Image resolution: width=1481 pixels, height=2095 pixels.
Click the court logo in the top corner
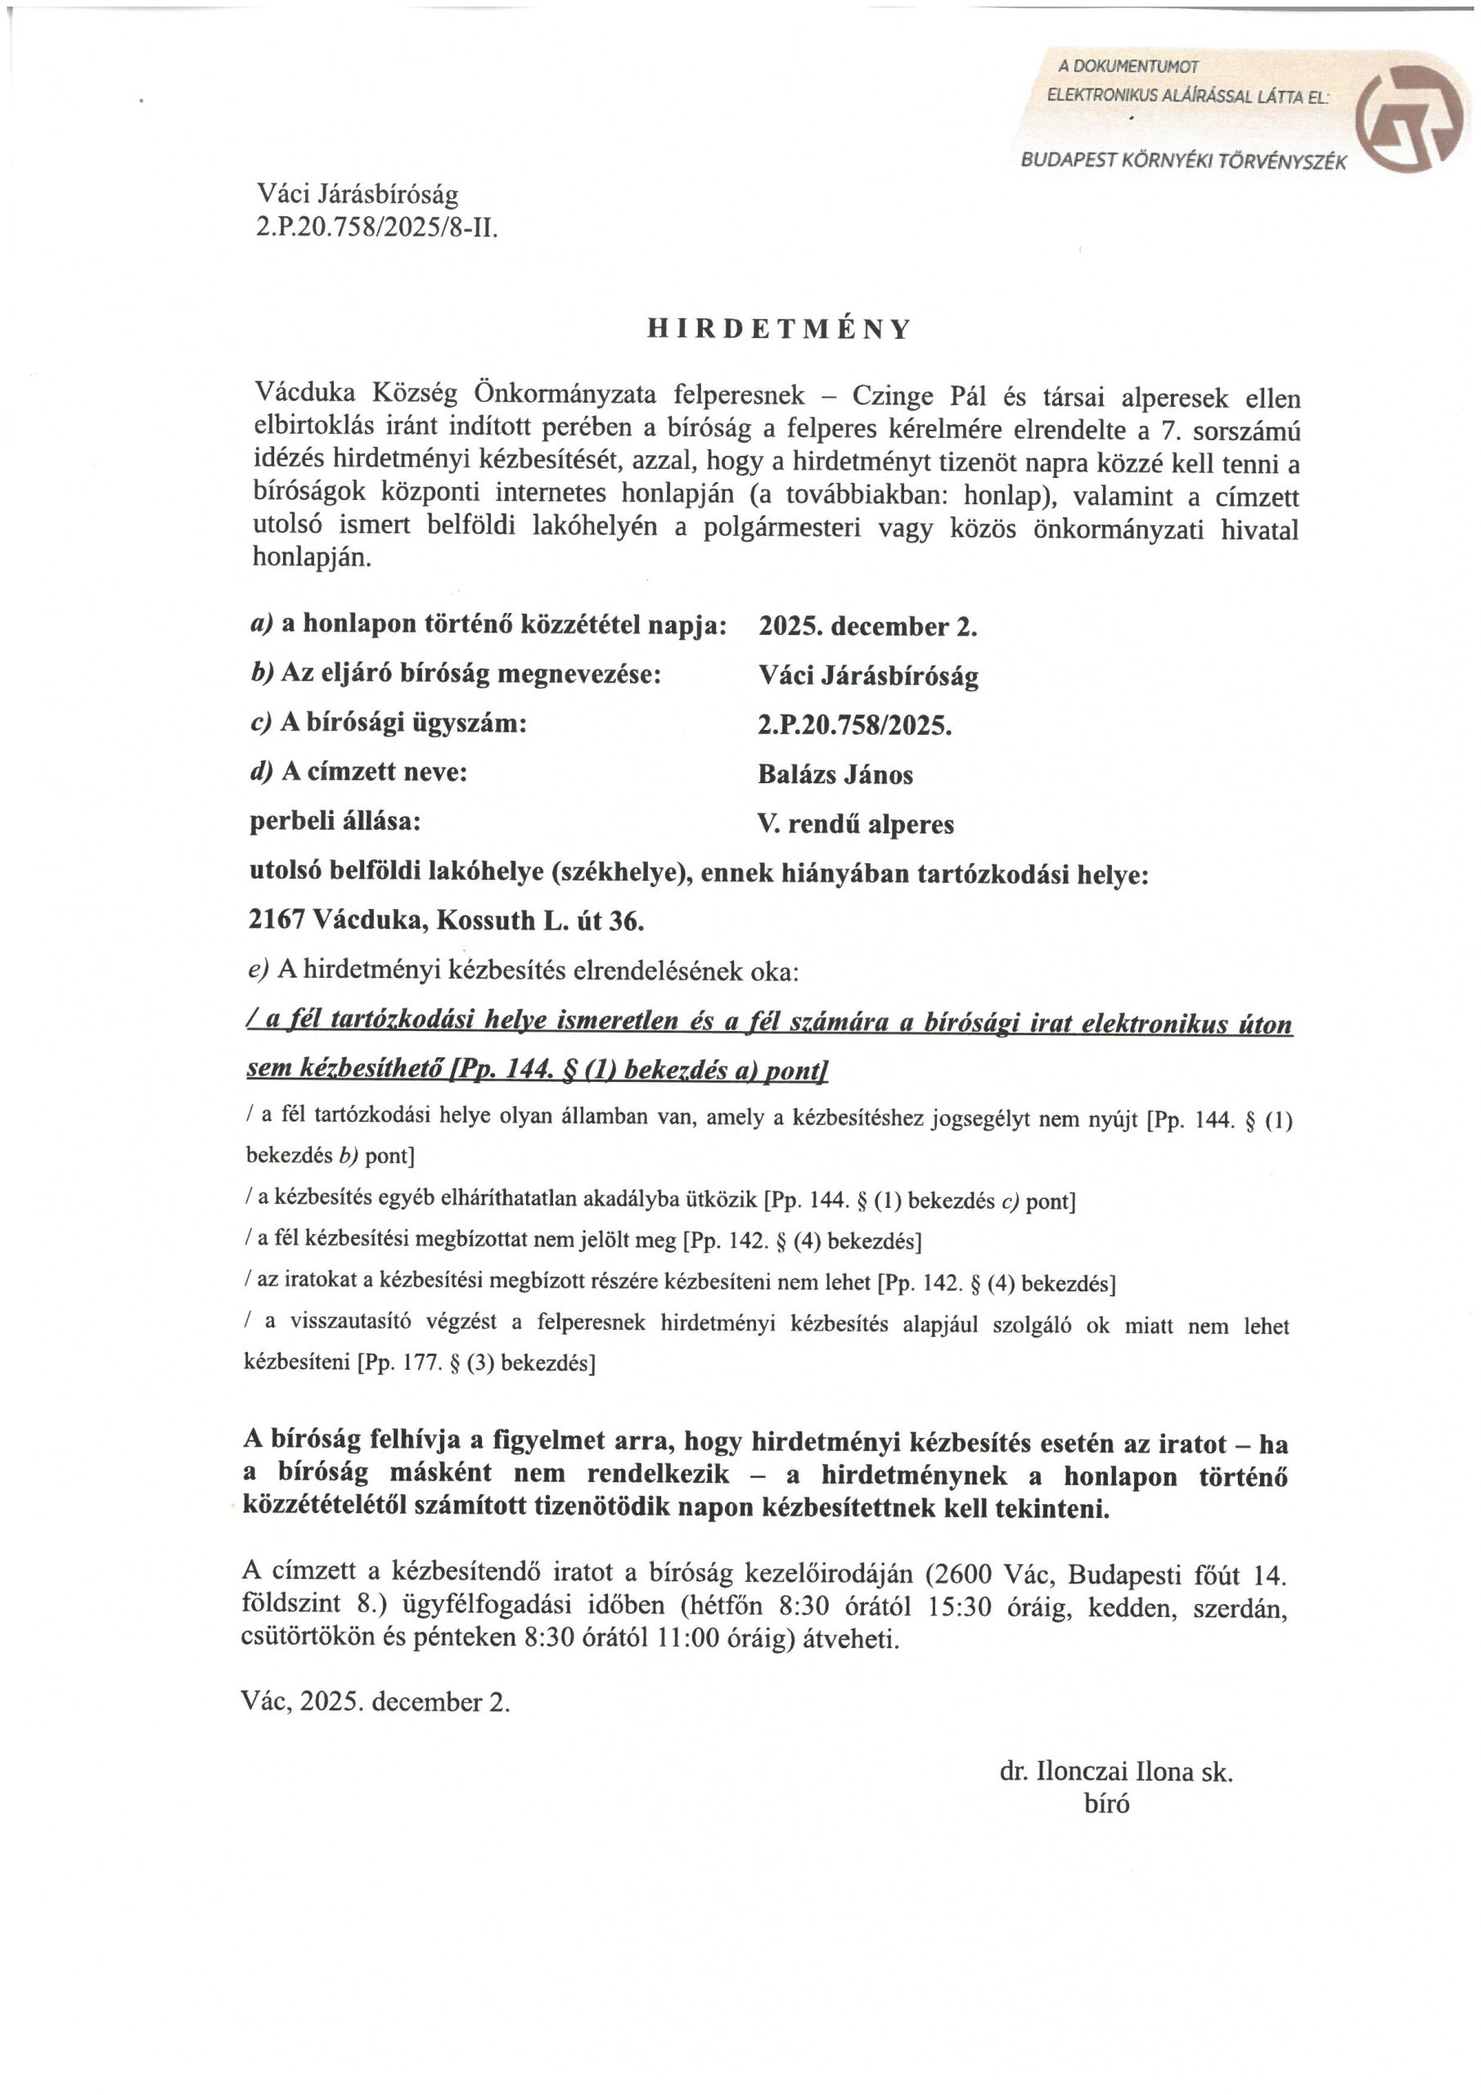(1409, 113)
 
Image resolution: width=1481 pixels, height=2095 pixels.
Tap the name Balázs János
(835, 775)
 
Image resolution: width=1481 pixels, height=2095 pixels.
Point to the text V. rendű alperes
(855, 825)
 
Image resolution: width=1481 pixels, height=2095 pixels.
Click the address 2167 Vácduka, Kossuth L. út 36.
(446, 921)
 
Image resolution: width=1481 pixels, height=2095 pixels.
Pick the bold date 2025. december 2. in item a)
(868, 627)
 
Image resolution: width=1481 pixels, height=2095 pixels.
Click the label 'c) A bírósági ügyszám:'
(389, 723)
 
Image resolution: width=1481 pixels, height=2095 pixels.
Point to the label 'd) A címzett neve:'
(358, 772)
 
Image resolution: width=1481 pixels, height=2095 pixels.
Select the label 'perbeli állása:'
(335, 821)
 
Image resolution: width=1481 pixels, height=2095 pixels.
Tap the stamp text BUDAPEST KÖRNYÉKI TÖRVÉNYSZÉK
(1183, 161)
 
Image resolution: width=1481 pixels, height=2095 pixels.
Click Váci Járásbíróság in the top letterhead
(357, 194)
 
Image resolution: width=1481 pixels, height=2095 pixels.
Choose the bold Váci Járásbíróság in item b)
(868, 676)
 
